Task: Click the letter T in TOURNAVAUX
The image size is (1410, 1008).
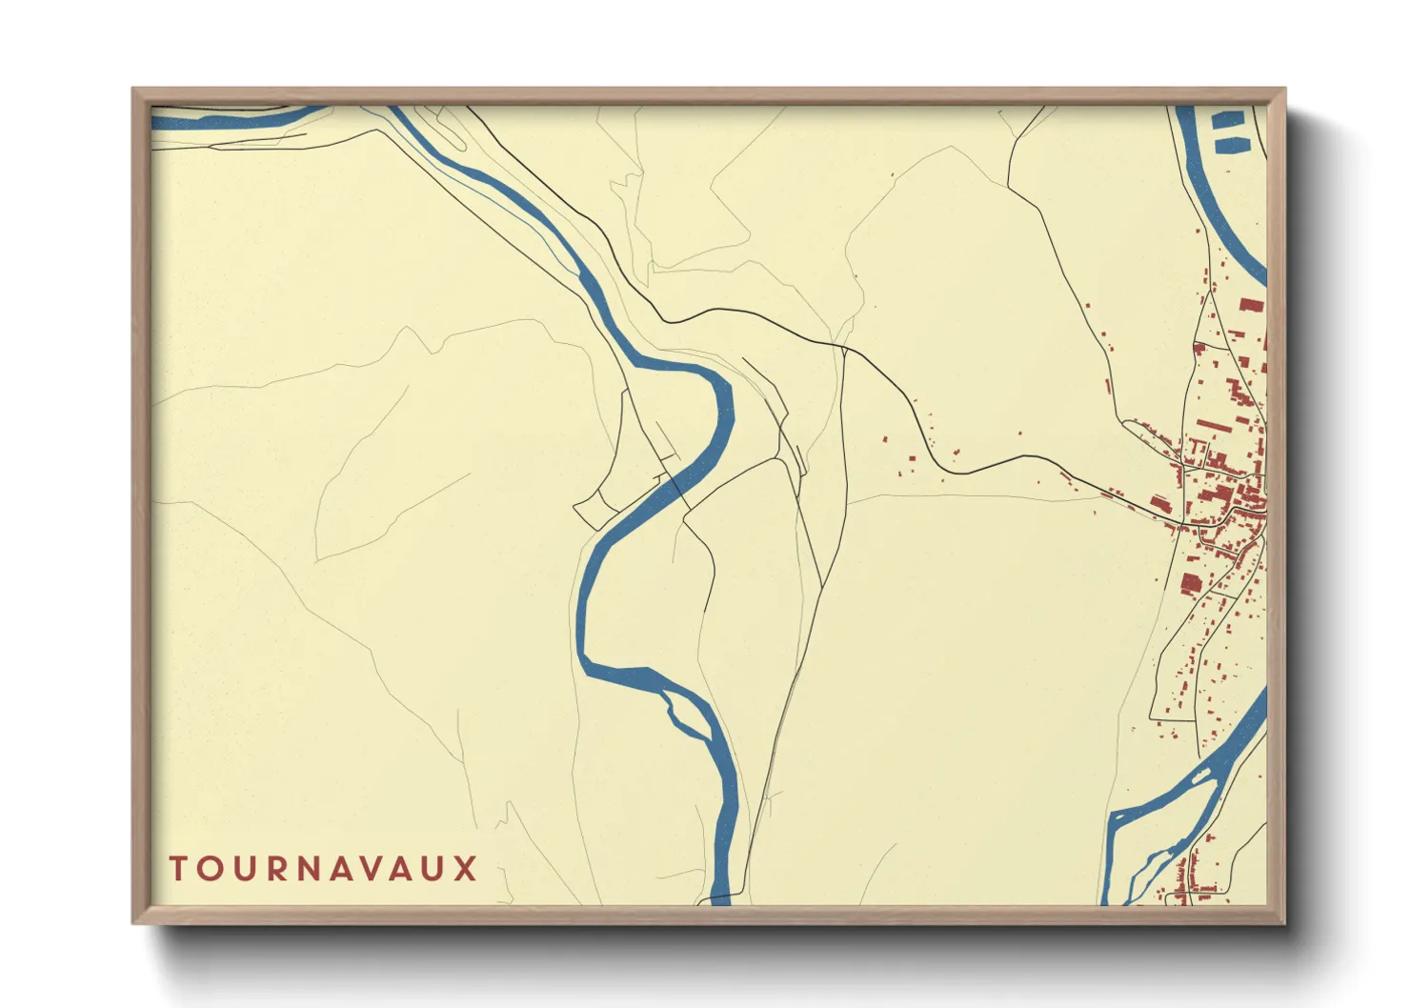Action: [178, 869]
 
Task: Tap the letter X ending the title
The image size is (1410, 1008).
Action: [465, 869]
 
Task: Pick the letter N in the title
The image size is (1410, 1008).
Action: [307, 869]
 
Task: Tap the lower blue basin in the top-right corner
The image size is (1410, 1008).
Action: [1230, 145]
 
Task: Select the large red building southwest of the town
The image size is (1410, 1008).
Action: [1190, 583]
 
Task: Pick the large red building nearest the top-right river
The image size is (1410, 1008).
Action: [1251, 305]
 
